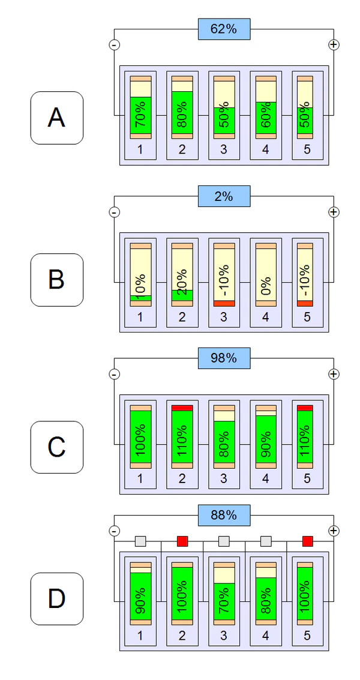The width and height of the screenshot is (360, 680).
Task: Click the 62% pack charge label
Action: [224, 29]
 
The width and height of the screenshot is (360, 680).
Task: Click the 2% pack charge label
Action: [224, 196]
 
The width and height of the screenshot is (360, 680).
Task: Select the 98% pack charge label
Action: [224, 358]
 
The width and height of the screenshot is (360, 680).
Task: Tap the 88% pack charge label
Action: [224, 514]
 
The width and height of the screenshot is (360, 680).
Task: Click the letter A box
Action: [56, 118]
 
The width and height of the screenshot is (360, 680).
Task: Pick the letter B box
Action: [56, 280]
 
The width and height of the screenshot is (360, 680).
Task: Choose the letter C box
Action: [56, 447]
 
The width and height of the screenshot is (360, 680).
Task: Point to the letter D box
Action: [56, 599]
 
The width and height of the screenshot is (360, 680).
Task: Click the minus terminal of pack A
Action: [114, 44]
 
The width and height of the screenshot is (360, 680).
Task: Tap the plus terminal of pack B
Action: [334, 212]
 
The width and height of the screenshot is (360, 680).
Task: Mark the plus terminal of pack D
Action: [334, 531]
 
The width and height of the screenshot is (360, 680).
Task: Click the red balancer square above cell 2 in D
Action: [182, 541]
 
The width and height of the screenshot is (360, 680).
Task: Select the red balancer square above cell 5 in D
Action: [308, 541]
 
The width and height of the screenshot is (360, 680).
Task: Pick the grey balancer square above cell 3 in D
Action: [224, 541]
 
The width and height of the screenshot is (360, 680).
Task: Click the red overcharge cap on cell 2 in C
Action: [182, 408]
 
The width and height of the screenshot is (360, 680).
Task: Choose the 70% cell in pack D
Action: [224, 594]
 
